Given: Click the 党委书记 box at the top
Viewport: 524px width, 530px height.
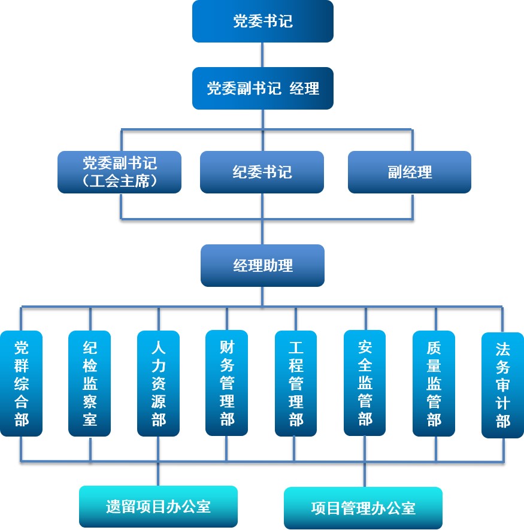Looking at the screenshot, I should click(262, 22).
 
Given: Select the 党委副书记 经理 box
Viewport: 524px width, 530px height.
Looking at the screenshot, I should click(262, 89).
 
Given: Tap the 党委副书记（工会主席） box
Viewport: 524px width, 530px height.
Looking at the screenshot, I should click(120, 172).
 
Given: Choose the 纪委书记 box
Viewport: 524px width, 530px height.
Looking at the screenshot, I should click(262, 172).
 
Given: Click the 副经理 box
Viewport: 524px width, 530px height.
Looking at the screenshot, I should click(410, 172).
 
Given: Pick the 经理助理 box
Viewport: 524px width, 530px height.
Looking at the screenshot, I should click(262, 265).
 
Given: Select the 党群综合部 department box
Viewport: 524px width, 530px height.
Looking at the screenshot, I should click(22, 383).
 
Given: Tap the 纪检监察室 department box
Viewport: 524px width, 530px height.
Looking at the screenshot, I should click(90, 383).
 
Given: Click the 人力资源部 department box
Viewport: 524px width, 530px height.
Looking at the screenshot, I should click(158, 383).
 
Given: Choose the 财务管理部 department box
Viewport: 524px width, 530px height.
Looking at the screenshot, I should click(227, 383).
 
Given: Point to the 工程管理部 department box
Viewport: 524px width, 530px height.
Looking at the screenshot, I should click(296, 383).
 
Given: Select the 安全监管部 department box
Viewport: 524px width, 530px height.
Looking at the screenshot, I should click(365, 383).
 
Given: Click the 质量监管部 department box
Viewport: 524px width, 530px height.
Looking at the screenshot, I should click(434, 383).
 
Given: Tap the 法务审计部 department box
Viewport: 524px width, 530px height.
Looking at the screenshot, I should click(502, 385).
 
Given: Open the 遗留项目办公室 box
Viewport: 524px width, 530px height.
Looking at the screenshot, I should click(158, 507).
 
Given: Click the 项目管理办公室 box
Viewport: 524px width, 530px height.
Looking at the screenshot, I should click(363, 508).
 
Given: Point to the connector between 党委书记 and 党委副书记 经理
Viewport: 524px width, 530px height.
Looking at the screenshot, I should click(262, 54).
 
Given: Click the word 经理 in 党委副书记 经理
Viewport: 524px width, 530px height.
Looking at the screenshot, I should click(305, 89).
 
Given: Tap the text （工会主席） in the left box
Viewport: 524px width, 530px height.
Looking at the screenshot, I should click(120, 180).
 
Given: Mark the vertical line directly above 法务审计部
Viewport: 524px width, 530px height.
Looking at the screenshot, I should click(502, 320).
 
